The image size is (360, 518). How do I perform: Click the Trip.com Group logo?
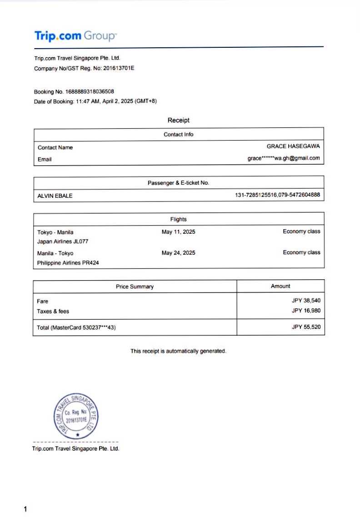(x=75, y=35)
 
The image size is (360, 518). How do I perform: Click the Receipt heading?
(x=178, y=121)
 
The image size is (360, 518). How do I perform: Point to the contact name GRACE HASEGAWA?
(x=293, y=146)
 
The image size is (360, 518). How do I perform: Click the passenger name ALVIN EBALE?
(x=55, y=196)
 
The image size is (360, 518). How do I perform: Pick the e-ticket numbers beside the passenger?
(x=277, y=195)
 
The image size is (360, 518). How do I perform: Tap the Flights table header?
(x=178, y=219)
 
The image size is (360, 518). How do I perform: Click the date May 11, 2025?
(x=178, y=232)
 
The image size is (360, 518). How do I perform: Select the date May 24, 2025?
(x=178, y=253)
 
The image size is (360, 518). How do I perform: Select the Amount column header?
(x=280, y=286)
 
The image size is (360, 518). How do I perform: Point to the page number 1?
(x=25, y=509)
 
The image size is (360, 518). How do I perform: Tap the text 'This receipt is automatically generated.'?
(x=178, y=351)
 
